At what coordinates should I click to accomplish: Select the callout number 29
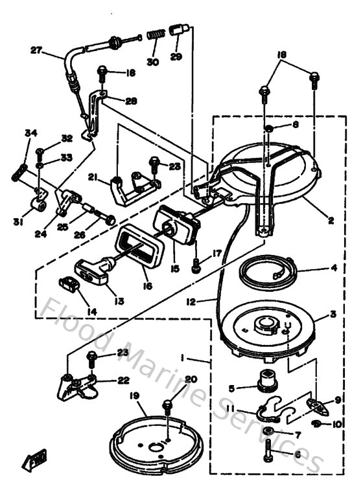[175, 56]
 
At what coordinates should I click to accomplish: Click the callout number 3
[333, 315]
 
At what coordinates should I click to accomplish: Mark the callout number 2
[330, 221]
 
